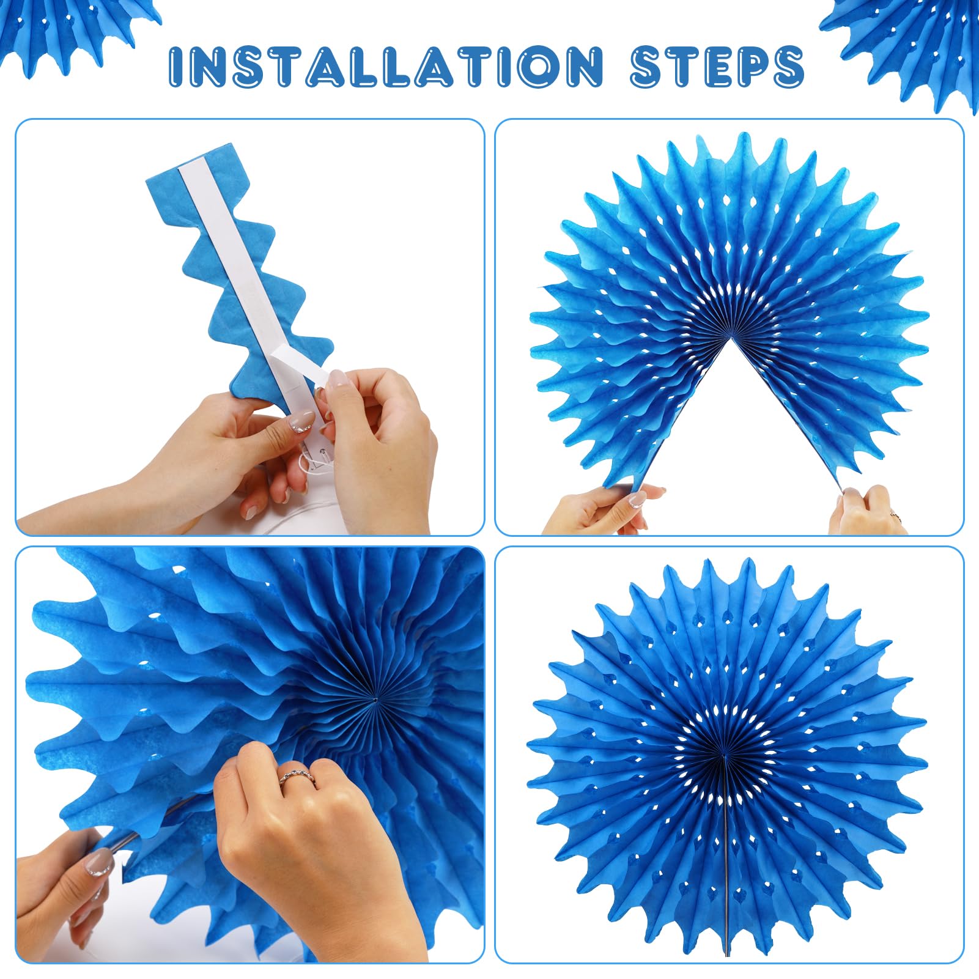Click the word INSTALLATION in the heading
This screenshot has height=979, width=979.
386,65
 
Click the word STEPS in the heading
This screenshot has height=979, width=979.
717,65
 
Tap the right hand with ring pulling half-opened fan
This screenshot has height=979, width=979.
867,511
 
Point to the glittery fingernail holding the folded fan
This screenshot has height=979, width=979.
301,422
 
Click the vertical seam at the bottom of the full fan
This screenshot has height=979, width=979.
726,856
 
